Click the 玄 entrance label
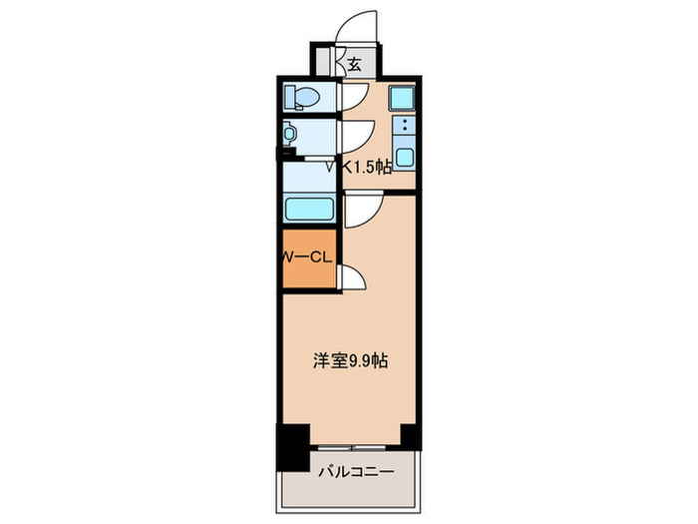pyautogui.click(x=354, y=66)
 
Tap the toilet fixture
pyautogui.click(x=302, y=98)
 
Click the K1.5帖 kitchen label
pyautogui.click(x=367, y=169)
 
